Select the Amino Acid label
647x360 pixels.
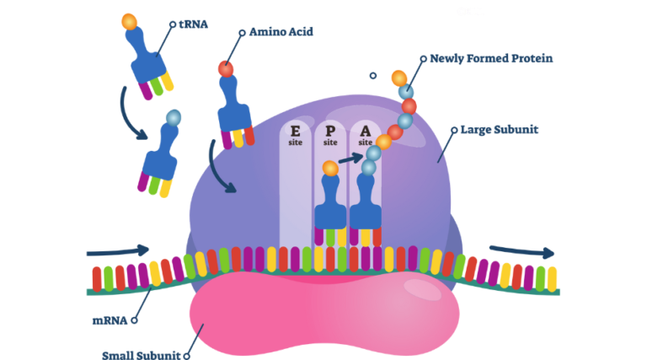pos(281,32)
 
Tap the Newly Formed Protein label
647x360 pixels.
pos(491,59)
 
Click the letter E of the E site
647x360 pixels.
pos(295,132)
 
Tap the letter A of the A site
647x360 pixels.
pos(365,132)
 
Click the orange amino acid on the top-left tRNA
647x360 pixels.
pos(128,21)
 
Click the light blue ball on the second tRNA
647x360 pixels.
pos(174,117)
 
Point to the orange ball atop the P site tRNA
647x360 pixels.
pos(330,169)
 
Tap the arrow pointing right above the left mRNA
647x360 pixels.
pos(117,250)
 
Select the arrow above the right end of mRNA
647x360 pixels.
pos(521,250)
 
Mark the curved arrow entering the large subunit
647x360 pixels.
pos(220,172)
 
